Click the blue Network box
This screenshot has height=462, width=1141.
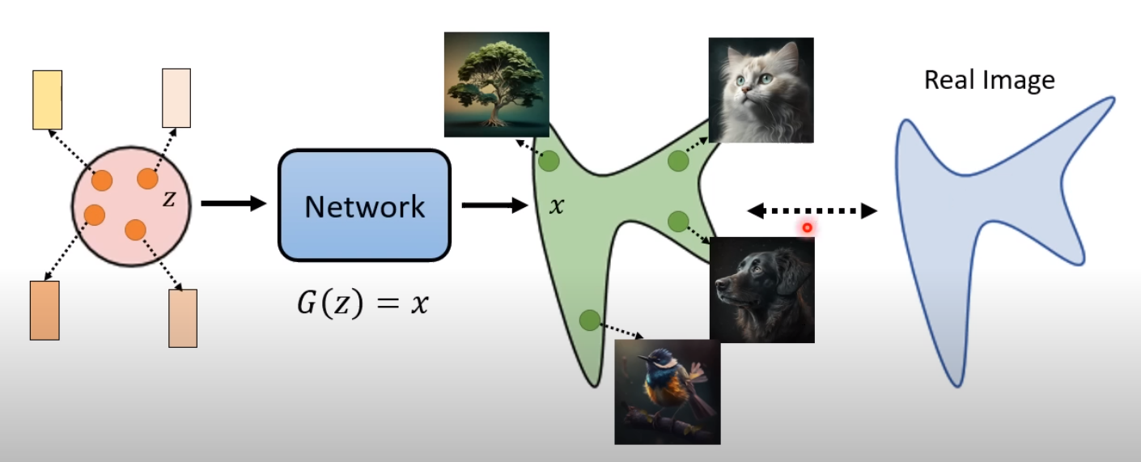364,206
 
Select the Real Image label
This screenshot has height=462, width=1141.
989,80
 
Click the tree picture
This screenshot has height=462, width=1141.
497,84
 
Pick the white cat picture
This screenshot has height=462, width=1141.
761,90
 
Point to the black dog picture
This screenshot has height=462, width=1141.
761,290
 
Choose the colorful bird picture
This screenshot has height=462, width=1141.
667,392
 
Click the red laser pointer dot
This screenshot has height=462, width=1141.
807,228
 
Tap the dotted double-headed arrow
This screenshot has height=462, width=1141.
812,212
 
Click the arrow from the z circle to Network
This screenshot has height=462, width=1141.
233,203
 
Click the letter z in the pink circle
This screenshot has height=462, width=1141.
168,198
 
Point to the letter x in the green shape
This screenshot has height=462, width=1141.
556,206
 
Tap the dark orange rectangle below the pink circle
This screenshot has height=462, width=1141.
45,310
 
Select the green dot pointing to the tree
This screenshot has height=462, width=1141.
550,160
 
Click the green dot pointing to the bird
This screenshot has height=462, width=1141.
589,320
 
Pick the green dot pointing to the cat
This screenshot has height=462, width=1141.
678,161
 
